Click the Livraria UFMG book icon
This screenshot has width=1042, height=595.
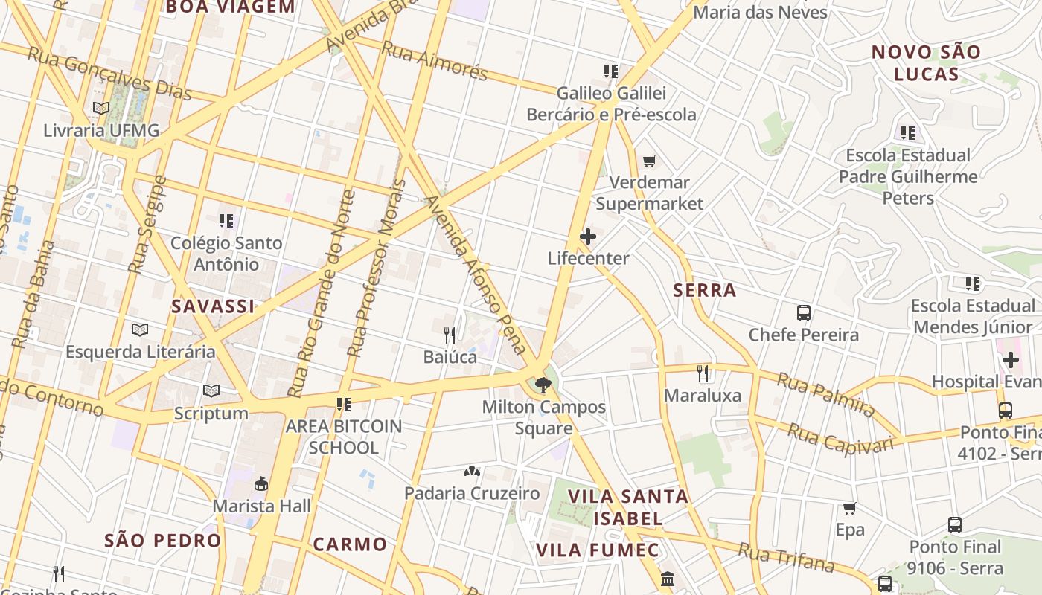pos(101,108)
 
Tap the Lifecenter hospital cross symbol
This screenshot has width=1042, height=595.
pos(588,237)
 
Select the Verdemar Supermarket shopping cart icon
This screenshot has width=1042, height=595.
pos(650,161)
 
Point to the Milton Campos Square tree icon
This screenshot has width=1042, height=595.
pos(543,385)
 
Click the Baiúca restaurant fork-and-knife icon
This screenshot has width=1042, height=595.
pos(450,335)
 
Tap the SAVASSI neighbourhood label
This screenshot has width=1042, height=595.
pos(213,306)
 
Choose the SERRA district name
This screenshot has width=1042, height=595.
pos(704,290)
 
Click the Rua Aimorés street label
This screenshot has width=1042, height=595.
pos(435,60)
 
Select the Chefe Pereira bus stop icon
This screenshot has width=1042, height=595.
pos(804,312)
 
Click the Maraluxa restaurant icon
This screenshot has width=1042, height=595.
pos(703,373)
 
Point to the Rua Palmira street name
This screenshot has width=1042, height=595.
pos(826,395)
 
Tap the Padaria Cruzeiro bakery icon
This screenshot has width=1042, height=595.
pos(472,471)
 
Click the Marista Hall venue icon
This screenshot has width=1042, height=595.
pos(261,483)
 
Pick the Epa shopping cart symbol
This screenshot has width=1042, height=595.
pos(849,508)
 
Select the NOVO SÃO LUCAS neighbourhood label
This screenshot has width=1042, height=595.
pos(926,63)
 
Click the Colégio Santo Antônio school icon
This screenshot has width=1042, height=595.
pos(226,221)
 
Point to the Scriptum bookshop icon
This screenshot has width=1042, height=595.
pos(211,390)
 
